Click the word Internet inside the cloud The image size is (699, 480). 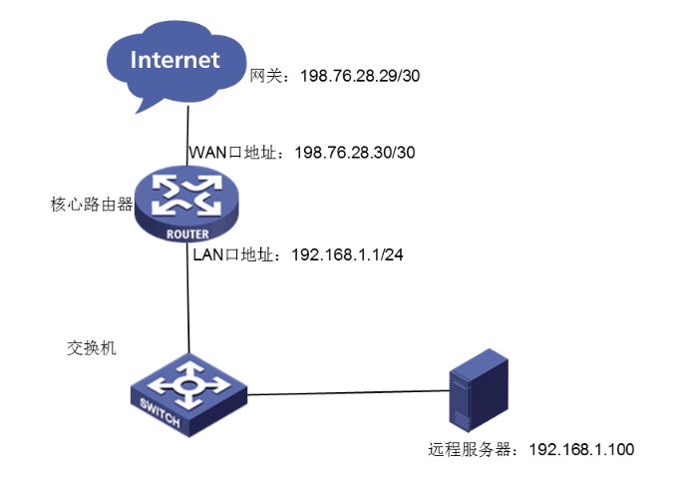point(175,59)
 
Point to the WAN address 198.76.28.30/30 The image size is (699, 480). point(355,153)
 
